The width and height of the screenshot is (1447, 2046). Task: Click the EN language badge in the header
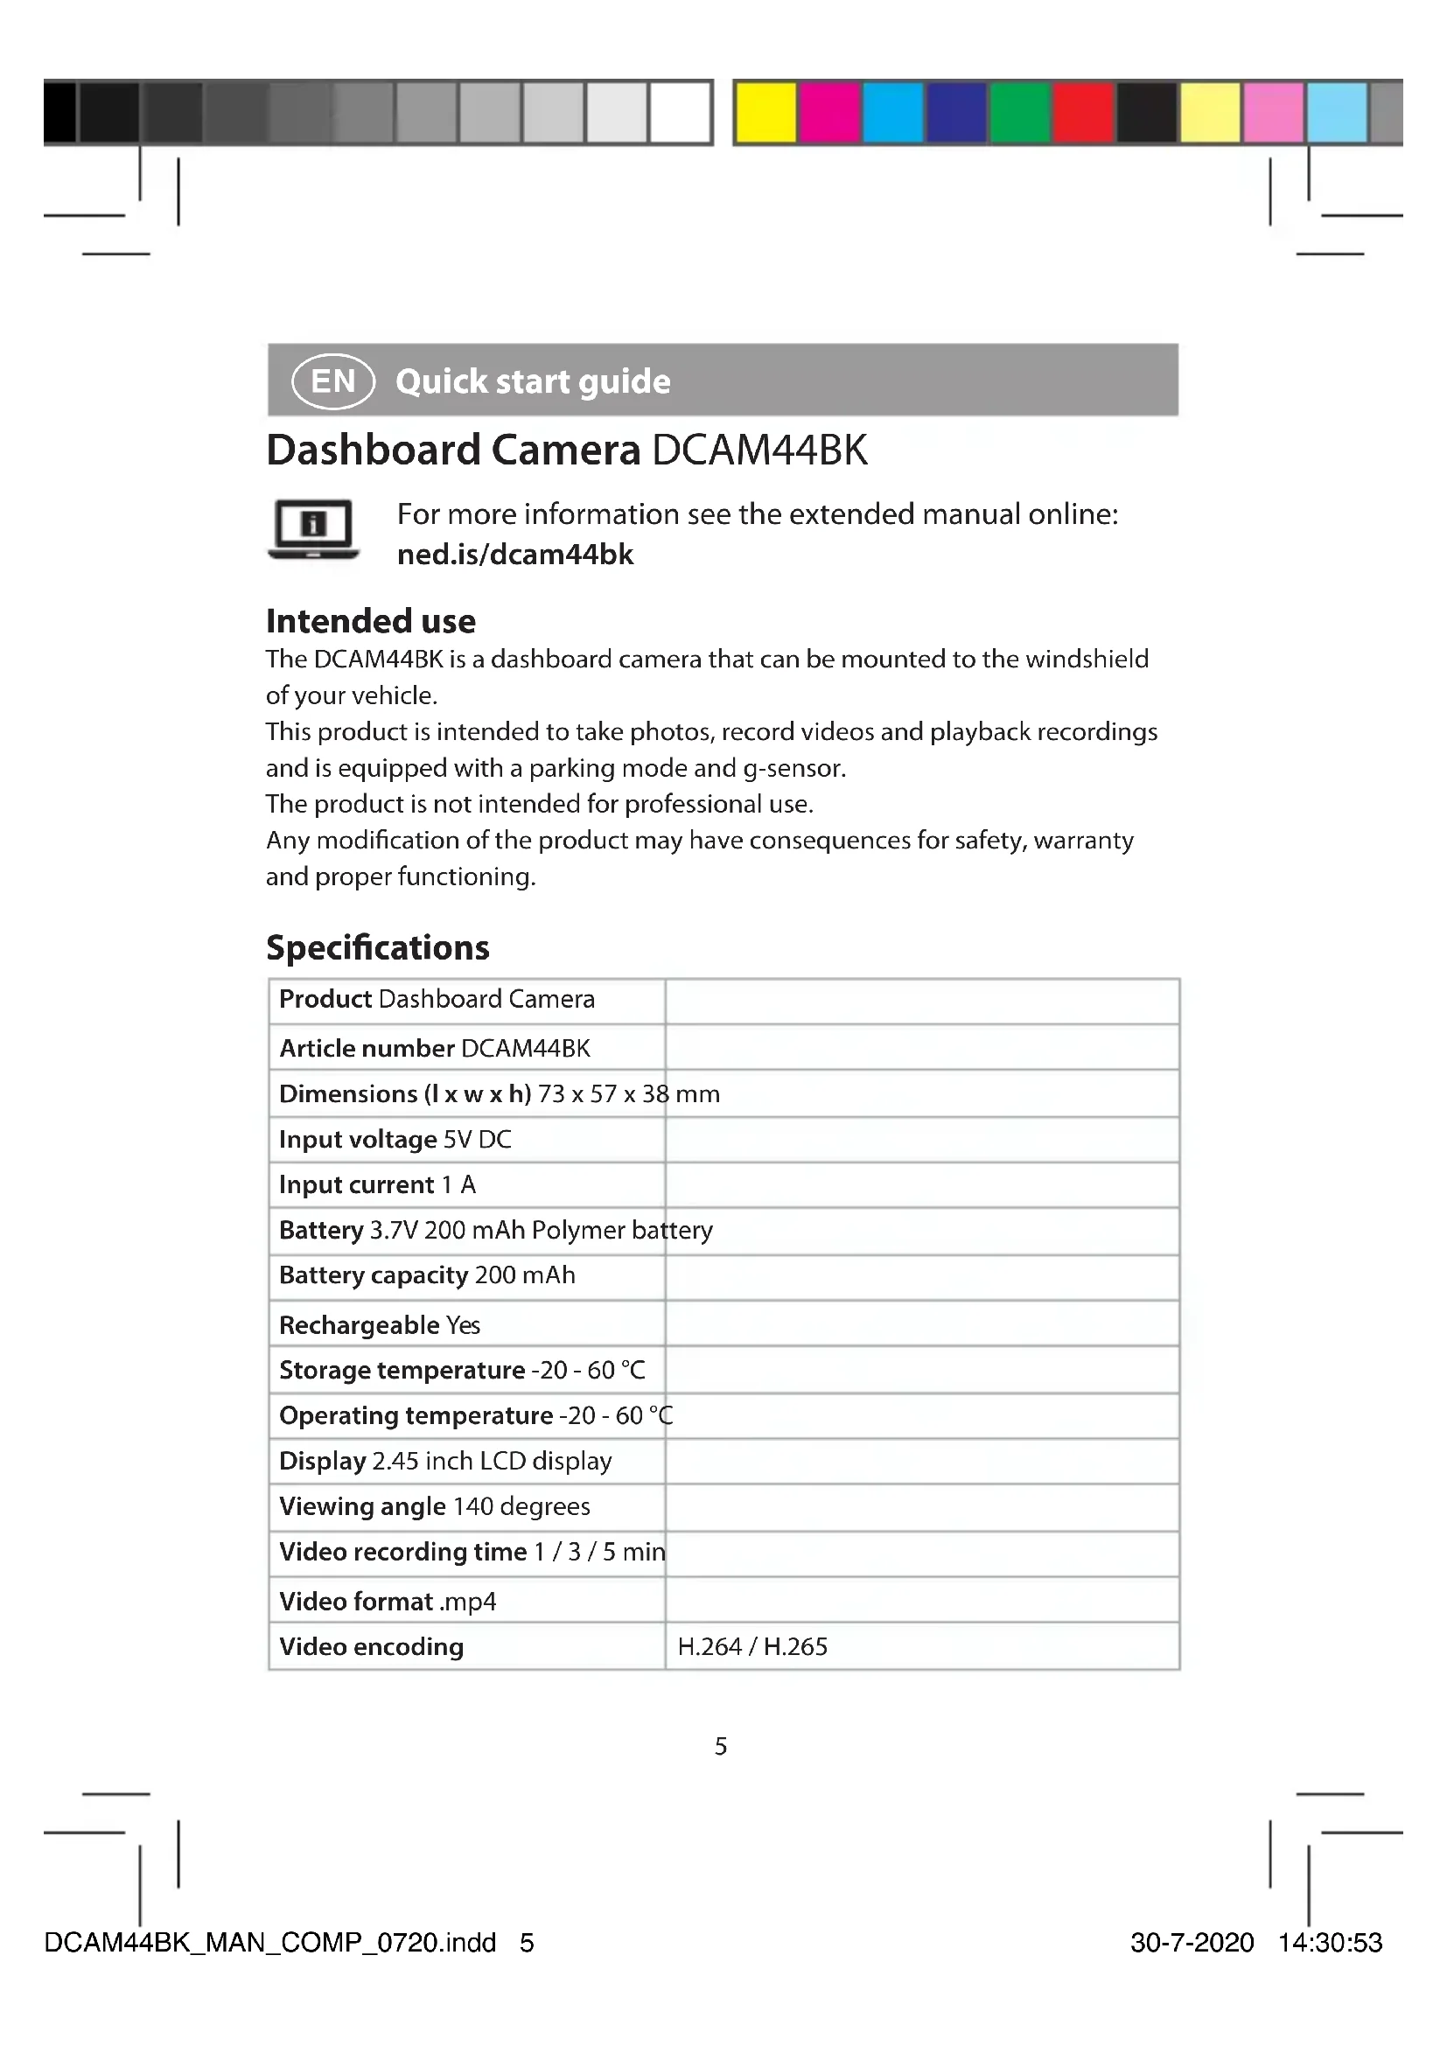click(332, 381)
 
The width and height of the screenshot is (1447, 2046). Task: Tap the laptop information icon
click(312, 529)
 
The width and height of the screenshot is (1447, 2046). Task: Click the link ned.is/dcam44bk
click(515, 555)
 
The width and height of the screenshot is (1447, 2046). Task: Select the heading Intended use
click(371, 620)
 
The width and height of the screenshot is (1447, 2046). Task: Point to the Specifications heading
click(378, 947)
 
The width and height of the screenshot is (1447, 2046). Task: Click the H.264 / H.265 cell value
click(752, 1646)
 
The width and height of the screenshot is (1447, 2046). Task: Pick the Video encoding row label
click(372, 1646)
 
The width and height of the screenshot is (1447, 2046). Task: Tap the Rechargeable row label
click(359, 1325)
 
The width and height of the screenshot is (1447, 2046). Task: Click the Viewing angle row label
click(363, 1506)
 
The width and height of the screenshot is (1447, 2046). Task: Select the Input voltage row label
click(357, 1139)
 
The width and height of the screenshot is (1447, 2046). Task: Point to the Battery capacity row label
click(374, 1275)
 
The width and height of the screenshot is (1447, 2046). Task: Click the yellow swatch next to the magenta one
click(766, 112)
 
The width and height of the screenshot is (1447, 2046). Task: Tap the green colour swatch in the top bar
click(1020, 112)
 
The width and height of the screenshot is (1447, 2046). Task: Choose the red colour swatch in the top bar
click(1083, 112)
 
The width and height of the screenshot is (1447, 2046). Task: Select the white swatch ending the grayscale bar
click(681, 112)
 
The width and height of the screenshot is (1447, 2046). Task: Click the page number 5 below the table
click(721, 1746)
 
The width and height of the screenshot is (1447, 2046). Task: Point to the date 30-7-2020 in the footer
click(1192, 1942)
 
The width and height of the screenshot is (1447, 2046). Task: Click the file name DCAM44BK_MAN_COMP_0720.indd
click(270, 1942)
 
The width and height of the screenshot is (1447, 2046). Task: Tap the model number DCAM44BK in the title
click(759, 450)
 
